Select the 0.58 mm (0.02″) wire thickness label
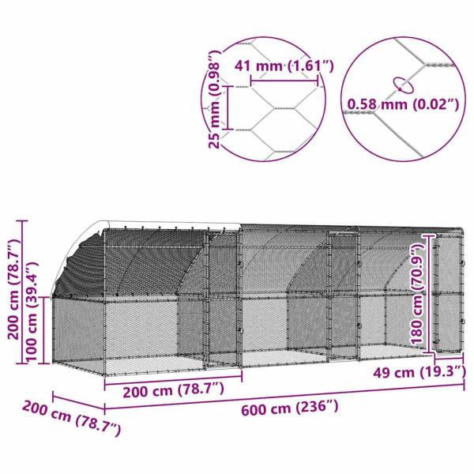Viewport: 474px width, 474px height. pos(402,102)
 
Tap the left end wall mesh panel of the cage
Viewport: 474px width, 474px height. pos(75,332)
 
